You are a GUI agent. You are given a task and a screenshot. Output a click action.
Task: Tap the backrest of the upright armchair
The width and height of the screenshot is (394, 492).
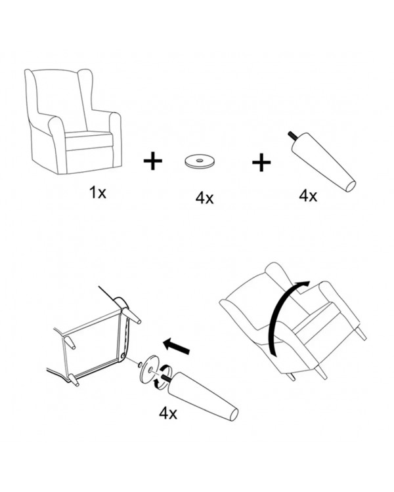tap(60, 97)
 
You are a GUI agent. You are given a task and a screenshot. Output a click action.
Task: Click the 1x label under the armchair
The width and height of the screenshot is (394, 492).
tap(98, 192)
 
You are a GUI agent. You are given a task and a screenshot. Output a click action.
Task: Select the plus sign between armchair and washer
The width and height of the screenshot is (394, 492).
tap(153, 161)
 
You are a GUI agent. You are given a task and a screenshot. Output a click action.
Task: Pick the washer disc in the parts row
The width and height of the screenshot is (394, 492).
tap(200, 161)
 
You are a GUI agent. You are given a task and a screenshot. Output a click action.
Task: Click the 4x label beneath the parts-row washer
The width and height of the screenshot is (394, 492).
tap(204, 198)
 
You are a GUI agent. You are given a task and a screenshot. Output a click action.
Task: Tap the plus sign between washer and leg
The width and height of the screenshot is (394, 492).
tap(261, 162)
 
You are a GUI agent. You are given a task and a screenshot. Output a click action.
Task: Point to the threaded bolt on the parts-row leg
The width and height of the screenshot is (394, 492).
tap(293, 136)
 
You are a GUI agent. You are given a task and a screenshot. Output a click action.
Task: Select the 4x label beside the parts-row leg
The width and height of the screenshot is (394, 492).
tap(308, 196)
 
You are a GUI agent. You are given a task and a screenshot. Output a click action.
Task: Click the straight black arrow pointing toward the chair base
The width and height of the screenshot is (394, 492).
tap(177, 346)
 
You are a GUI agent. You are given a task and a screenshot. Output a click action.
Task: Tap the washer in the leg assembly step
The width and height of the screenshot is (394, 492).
tap(150, 369)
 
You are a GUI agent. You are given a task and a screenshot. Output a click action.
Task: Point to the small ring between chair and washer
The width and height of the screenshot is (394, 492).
tap(140, 364)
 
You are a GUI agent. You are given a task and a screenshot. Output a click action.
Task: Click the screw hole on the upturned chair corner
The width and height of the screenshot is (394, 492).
tap(122, 356)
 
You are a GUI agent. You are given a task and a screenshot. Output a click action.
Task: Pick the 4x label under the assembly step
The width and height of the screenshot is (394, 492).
tap(168, 413)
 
